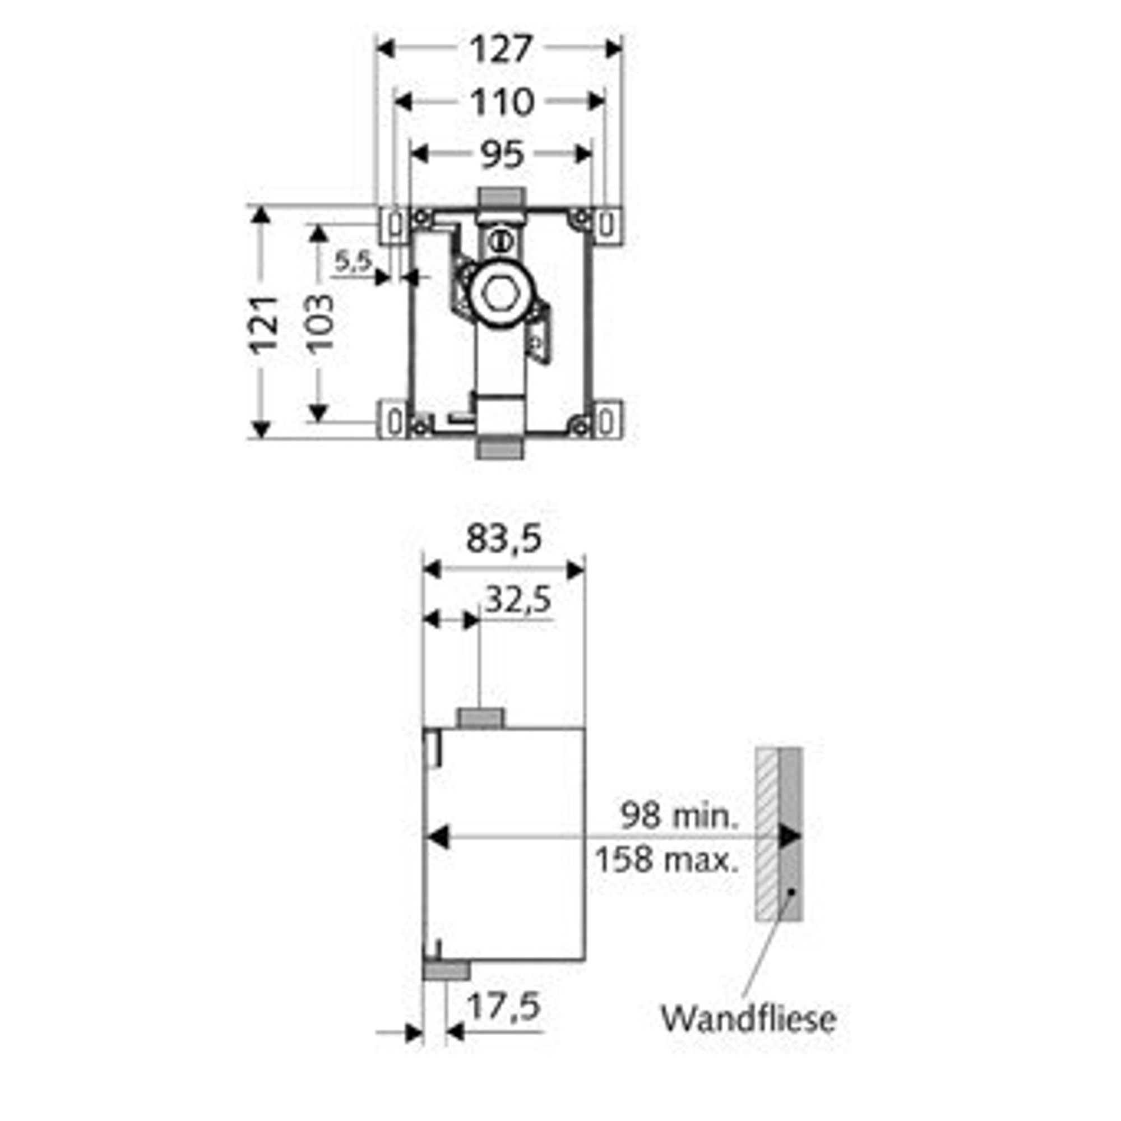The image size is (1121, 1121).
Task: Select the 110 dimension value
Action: [501, 103]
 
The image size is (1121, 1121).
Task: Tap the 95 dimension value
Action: [502, 155]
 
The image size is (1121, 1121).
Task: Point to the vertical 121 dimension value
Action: [264, 325]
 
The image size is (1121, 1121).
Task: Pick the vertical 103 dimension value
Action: [320, 323]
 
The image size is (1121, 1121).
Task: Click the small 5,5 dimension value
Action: [353, 262]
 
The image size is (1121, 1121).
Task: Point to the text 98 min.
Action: [680, 814]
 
